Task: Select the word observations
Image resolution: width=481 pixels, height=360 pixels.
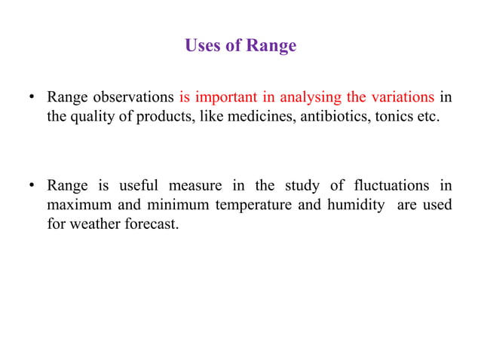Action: (133, 97)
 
